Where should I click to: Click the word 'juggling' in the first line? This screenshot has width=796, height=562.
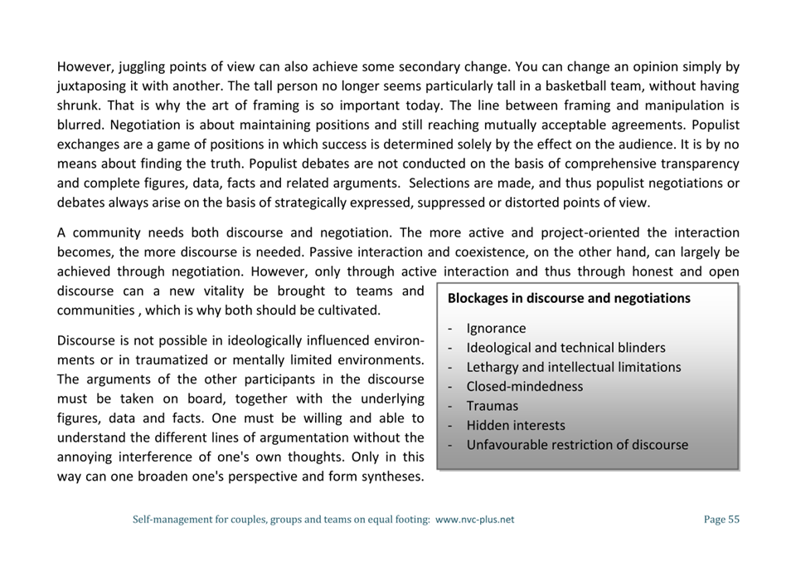141,66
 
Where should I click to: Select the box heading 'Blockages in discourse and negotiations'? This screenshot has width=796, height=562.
569,298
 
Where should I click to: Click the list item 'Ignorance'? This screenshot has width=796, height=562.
496,329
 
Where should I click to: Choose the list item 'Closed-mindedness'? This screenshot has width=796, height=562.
524,387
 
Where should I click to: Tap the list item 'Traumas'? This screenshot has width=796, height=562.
492,406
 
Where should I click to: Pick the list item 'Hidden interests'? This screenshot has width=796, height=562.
515,425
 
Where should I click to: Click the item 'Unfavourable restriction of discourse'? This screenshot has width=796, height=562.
576,445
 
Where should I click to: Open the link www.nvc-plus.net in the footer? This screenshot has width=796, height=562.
474,520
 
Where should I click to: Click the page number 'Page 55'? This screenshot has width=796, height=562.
721,520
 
